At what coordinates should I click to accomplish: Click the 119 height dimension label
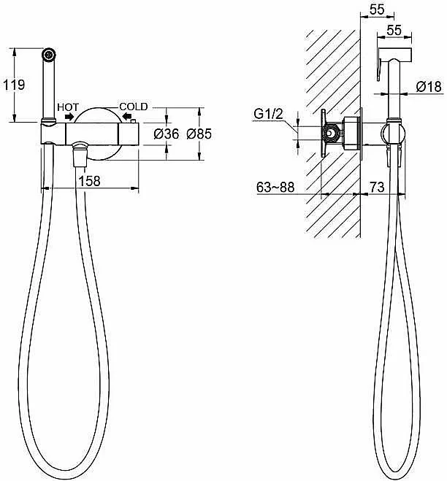pyautogui.click(x=14, y=85)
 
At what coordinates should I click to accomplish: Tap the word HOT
pyautogui.click(x=68, y=107)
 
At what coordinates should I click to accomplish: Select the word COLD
pyautogui.click(x=134, y=107)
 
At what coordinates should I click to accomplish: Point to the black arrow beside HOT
pyautogui.click(x=69, y=117)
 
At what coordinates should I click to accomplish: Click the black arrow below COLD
pyautogui.click(x=126, y=116)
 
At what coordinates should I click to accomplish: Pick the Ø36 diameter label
pyautogui.click(x=167, y=134)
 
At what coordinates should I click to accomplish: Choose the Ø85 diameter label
pyautogui.click(x=199, y=134)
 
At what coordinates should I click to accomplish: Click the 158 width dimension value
pyautogui.click(x=89, y=181)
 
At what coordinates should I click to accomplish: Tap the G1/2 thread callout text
pyautogui.click(x=268, y=114)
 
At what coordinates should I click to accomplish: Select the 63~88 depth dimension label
pyautogui.click(x=275, y=187)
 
